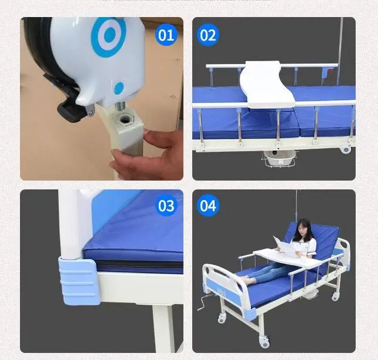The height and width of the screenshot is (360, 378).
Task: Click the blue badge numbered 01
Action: pyautogui.click(x=166, y=35)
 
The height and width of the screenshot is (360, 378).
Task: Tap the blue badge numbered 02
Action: pyautogui.click(x=208, y=35)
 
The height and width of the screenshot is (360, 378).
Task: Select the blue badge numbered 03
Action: pyautogui.click(x=166, y=205)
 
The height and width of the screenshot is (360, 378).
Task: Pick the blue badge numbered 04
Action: pyautogui.click(x=208, y=205)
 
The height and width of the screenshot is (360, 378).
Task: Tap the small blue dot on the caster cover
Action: pyautogui.click(x=119, y=88)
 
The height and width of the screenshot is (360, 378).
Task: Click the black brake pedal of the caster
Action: pyautogui.click(x=71, y=112)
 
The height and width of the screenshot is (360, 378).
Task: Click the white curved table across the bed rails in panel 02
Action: pyautogui.click(x=267, y=85)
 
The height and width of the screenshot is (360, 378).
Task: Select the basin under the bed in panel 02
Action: pyautogui.click(x=280, y=158)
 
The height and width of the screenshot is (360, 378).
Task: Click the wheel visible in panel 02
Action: pyautogui.click(x=346, y=149)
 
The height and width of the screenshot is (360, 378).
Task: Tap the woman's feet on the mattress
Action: pyautogui.click(x=247, y=281)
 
